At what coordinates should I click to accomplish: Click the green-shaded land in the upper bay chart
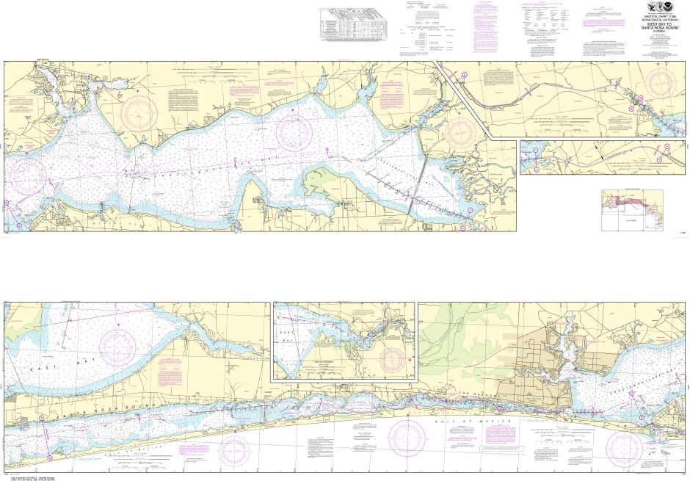[x=323, y=179]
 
